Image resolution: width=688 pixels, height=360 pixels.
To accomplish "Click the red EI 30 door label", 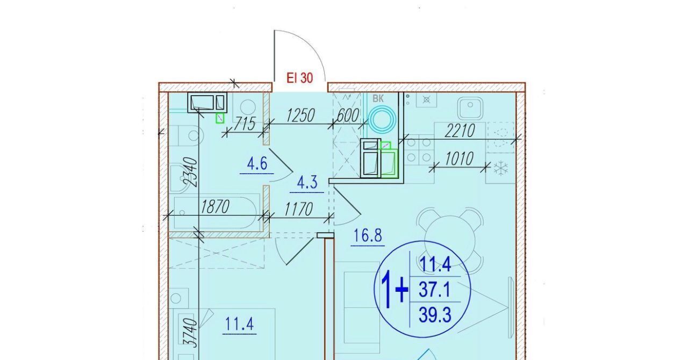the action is (x=299, y=78).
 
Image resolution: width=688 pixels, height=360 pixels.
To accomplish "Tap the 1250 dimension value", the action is (x=300, y=116).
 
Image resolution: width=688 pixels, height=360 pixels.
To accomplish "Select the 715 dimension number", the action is (x=245, y=124).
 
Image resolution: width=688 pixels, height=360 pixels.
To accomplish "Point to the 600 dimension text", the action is (x=348, y=116).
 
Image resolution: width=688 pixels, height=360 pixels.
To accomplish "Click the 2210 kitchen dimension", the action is (x=460, y=131).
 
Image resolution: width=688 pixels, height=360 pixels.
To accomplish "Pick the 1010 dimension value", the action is (x=459, y=159).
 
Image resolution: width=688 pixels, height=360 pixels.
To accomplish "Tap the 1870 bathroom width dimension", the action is (x=214, y=207).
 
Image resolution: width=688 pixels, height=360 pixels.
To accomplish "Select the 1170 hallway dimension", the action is (x=298, y=210).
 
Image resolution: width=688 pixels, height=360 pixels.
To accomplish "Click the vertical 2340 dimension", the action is (x=190, y=172).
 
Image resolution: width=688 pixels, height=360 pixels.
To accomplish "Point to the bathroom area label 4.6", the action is (x=257, y=164).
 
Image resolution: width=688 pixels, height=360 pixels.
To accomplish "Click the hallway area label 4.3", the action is (x=307, y=183).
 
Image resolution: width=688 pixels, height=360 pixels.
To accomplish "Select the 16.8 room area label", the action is (x=368, y=236).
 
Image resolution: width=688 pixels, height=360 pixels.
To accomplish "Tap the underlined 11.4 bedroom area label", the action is (x=240, y=324).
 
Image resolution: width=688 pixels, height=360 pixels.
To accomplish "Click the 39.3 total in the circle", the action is (x=435, y=315).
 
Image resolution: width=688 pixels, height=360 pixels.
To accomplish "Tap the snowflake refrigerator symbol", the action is (x=501, y=168).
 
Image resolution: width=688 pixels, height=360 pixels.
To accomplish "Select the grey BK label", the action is (x=378, y=99).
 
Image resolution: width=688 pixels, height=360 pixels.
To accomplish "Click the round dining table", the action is (x=450, y=239).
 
